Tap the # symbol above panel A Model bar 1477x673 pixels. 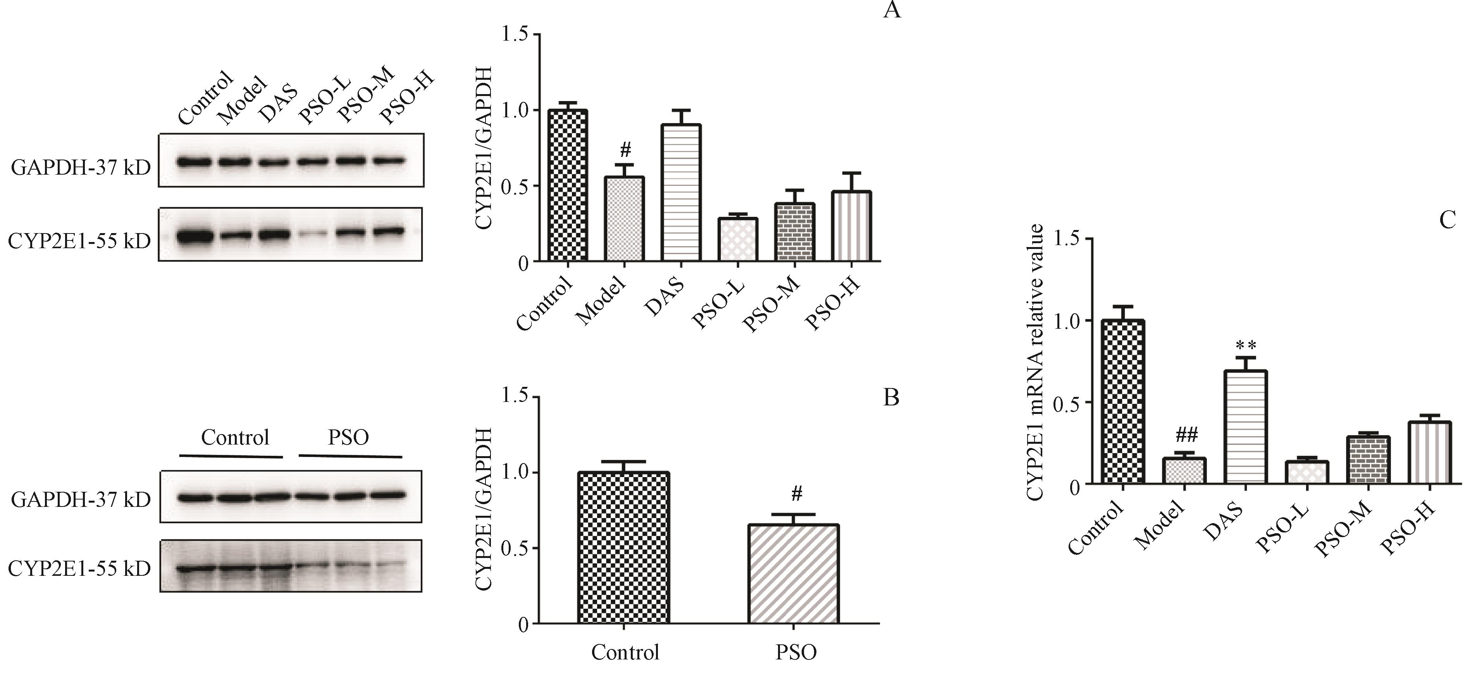pyautogui.click(x=625, y=151)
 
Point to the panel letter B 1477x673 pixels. pyautogui.click(x=891, y=397)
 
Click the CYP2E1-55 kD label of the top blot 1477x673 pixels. pyautogui.click(x=79, y=241)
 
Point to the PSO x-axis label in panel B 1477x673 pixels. pyautogui.click(x=796, y=652)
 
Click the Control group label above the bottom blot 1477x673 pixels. pyautogui.click(x=235, y=438)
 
